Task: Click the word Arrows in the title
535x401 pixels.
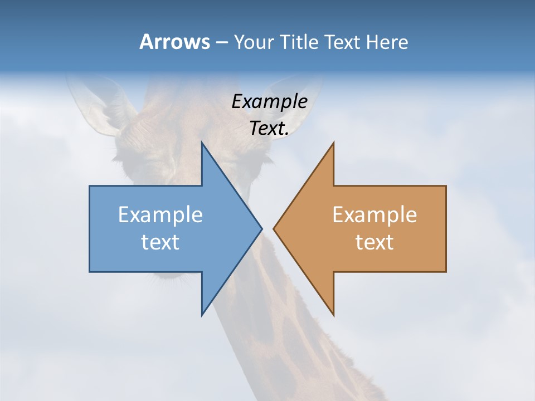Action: coord(174,42)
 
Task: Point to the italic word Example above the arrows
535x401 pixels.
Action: coord(269,101)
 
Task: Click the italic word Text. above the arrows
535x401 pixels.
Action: coord(269,128)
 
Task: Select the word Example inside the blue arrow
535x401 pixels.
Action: coord(160,214)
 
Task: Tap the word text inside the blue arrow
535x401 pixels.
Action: coord(160,242)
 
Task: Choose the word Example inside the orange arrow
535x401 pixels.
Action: coord(374,214)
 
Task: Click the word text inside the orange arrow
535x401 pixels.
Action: coord(374,242)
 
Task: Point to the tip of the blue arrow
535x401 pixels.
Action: coord(261,228)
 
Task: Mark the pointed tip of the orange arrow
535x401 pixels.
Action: coord(274,228)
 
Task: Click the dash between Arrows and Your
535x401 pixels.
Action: coord(221,42)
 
